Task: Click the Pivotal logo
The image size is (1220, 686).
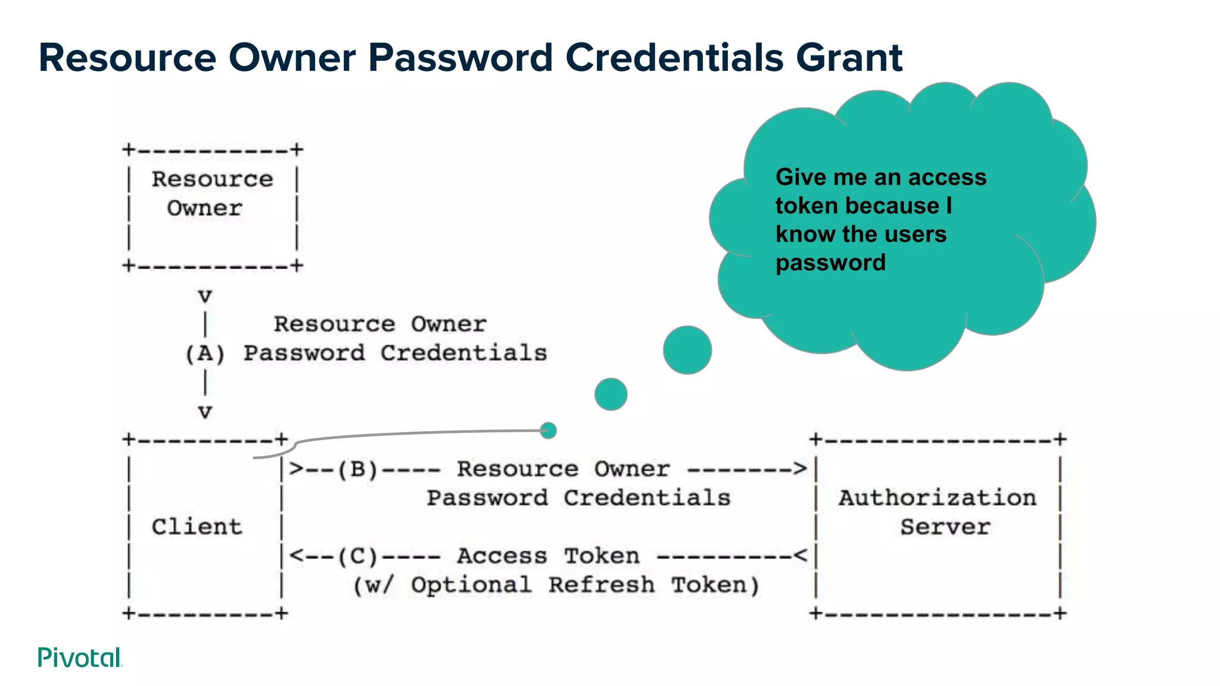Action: click(80, 657)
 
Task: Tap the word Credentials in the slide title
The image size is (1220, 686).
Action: click(674, 58)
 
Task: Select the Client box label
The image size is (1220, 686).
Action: click(197, 527)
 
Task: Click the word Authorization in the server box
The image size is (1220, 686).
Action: click(938, 498)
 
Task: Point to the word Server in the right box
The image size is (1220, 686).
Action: click(945, 527)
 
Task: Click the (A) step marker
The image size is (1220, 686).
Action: click(205, 354)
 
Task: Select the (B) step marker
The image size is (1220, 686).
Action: click(357, 469)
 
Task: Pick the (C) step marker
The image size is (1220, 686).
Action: click(357, 556)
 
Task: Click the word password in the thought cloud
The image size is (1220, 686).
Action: click(830, 263)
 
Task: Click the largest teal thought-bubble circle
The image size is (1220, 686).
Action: click(687, 350)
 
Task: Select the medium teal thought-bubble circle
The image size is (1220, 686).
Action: click(611, 394)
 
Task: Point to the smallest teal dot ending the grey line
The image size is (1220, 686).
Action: click(548, 430)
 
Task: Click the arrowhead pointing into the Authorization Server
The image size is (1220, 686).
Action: click(801, 469)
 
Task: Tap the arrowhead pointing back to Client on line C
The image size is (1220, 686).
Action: click(296, 556)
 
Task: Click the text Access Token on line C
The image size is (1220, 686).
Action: click(548, 556)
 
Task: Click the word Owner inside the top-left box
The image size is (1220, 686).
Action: click(204, 208)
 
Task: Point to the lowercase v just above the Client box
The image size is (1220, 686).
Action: click(205, 411)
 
